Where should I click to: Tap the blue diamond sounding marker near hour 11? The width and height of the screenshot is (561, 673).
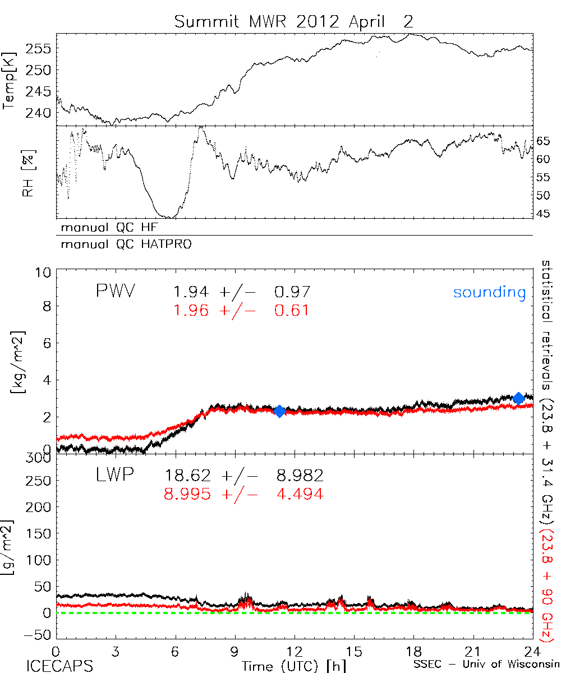(x=279, y=411)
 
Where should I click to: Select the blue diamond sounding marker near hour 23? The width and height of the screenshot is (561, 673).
(x=519, y=398)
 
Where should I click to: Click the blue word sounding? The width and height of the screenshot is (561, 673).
(x=490, y=292)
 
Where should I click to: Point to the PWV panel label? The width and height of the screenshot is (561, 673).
(x=116, y=292)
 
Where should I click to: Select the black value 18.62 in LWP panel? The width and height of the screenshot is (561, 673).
(x=188, y=476)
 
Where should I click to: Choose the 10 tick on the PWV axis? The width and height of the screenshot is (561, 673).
(x=45, y=272)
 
